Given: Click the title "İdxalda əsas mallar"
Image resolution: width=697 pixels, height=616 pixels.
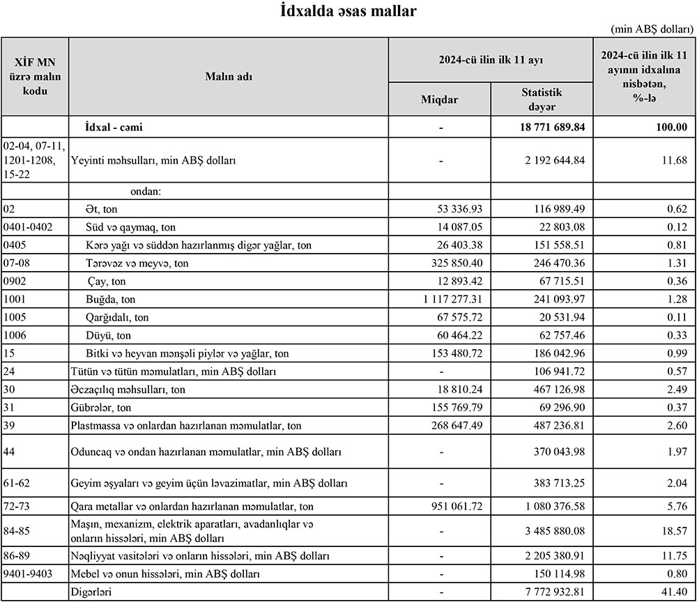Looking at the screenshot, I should (x=348, y=11).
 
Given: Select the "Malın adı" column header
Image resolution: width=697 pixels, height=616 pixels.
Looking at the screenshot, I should (x=229, y=76).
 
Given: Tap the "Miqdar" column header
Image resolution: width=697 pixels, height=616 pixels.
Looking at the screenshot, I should (x=440, y=99).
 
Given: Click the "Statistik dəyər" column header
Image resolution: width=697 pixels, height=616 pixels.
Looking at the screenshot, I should (x=542, y=98).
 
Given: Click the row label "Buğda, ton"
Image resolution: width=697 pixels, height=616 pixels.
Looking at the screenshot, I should (x=110, y=300).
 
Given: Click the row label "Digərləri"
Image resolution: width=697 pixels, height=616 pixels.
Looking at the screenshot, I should (x=91, y=592).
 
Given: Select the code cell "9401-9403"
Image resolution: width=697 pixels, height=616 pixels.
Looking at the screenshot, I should (x=27, y=574).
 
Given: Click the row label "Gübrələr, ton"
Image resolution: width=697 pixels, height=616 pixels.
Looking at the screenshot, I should (x=102, y=408).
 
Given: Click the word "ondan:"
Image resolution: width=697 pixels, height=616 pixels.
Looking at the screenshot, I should (x=144, y=191).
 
